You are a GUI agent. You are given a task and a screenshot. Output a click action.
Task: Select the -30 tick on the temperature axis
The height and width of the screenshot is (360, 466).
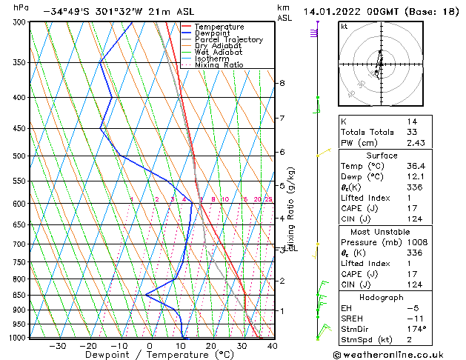[56, 346]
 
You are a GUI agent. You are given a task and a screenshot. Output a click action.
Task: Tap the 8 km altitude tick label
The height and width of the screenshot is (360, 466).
[282, 83]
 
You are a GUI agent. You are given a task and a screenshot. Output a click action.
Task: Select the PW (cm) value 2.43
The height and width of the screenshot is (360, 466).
[416, 143]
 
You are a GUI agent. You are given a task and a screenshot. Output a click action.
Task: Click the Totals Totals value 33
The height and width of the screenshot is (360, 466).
[411, 132]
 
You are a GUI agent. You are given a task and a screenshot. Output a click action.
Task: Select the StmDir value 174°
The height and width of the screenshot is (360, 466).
[417, 328]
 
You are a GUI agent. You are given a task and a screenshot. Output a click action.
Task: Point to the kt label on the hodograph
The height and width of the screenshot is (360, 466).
[344, 27]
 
